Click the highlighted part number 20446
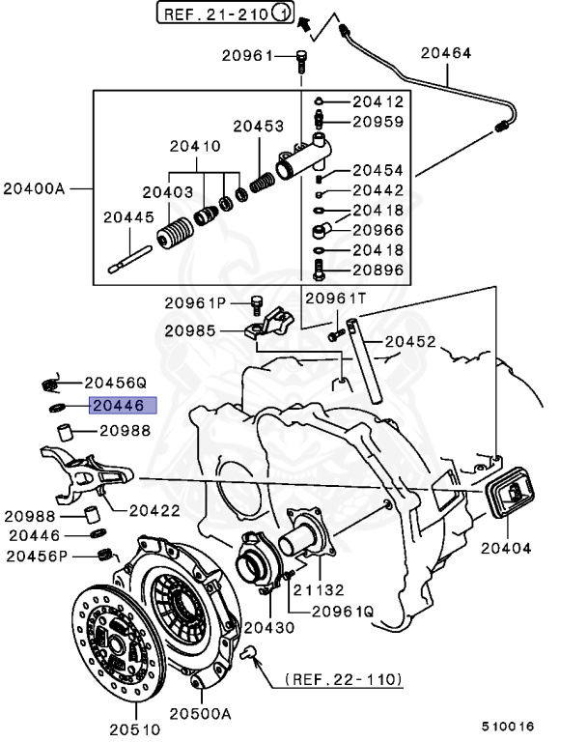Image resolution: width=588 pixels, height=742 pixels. [117, 406]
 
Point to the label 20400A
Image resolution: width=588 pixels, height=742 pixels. [34, 187]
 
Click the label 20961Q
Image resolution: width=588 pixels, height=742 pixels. [343, 612]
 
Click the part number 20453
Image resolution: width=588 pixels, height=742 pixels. [258, 126]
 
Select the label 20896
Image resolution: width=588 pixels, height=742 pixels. [378, 271]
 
